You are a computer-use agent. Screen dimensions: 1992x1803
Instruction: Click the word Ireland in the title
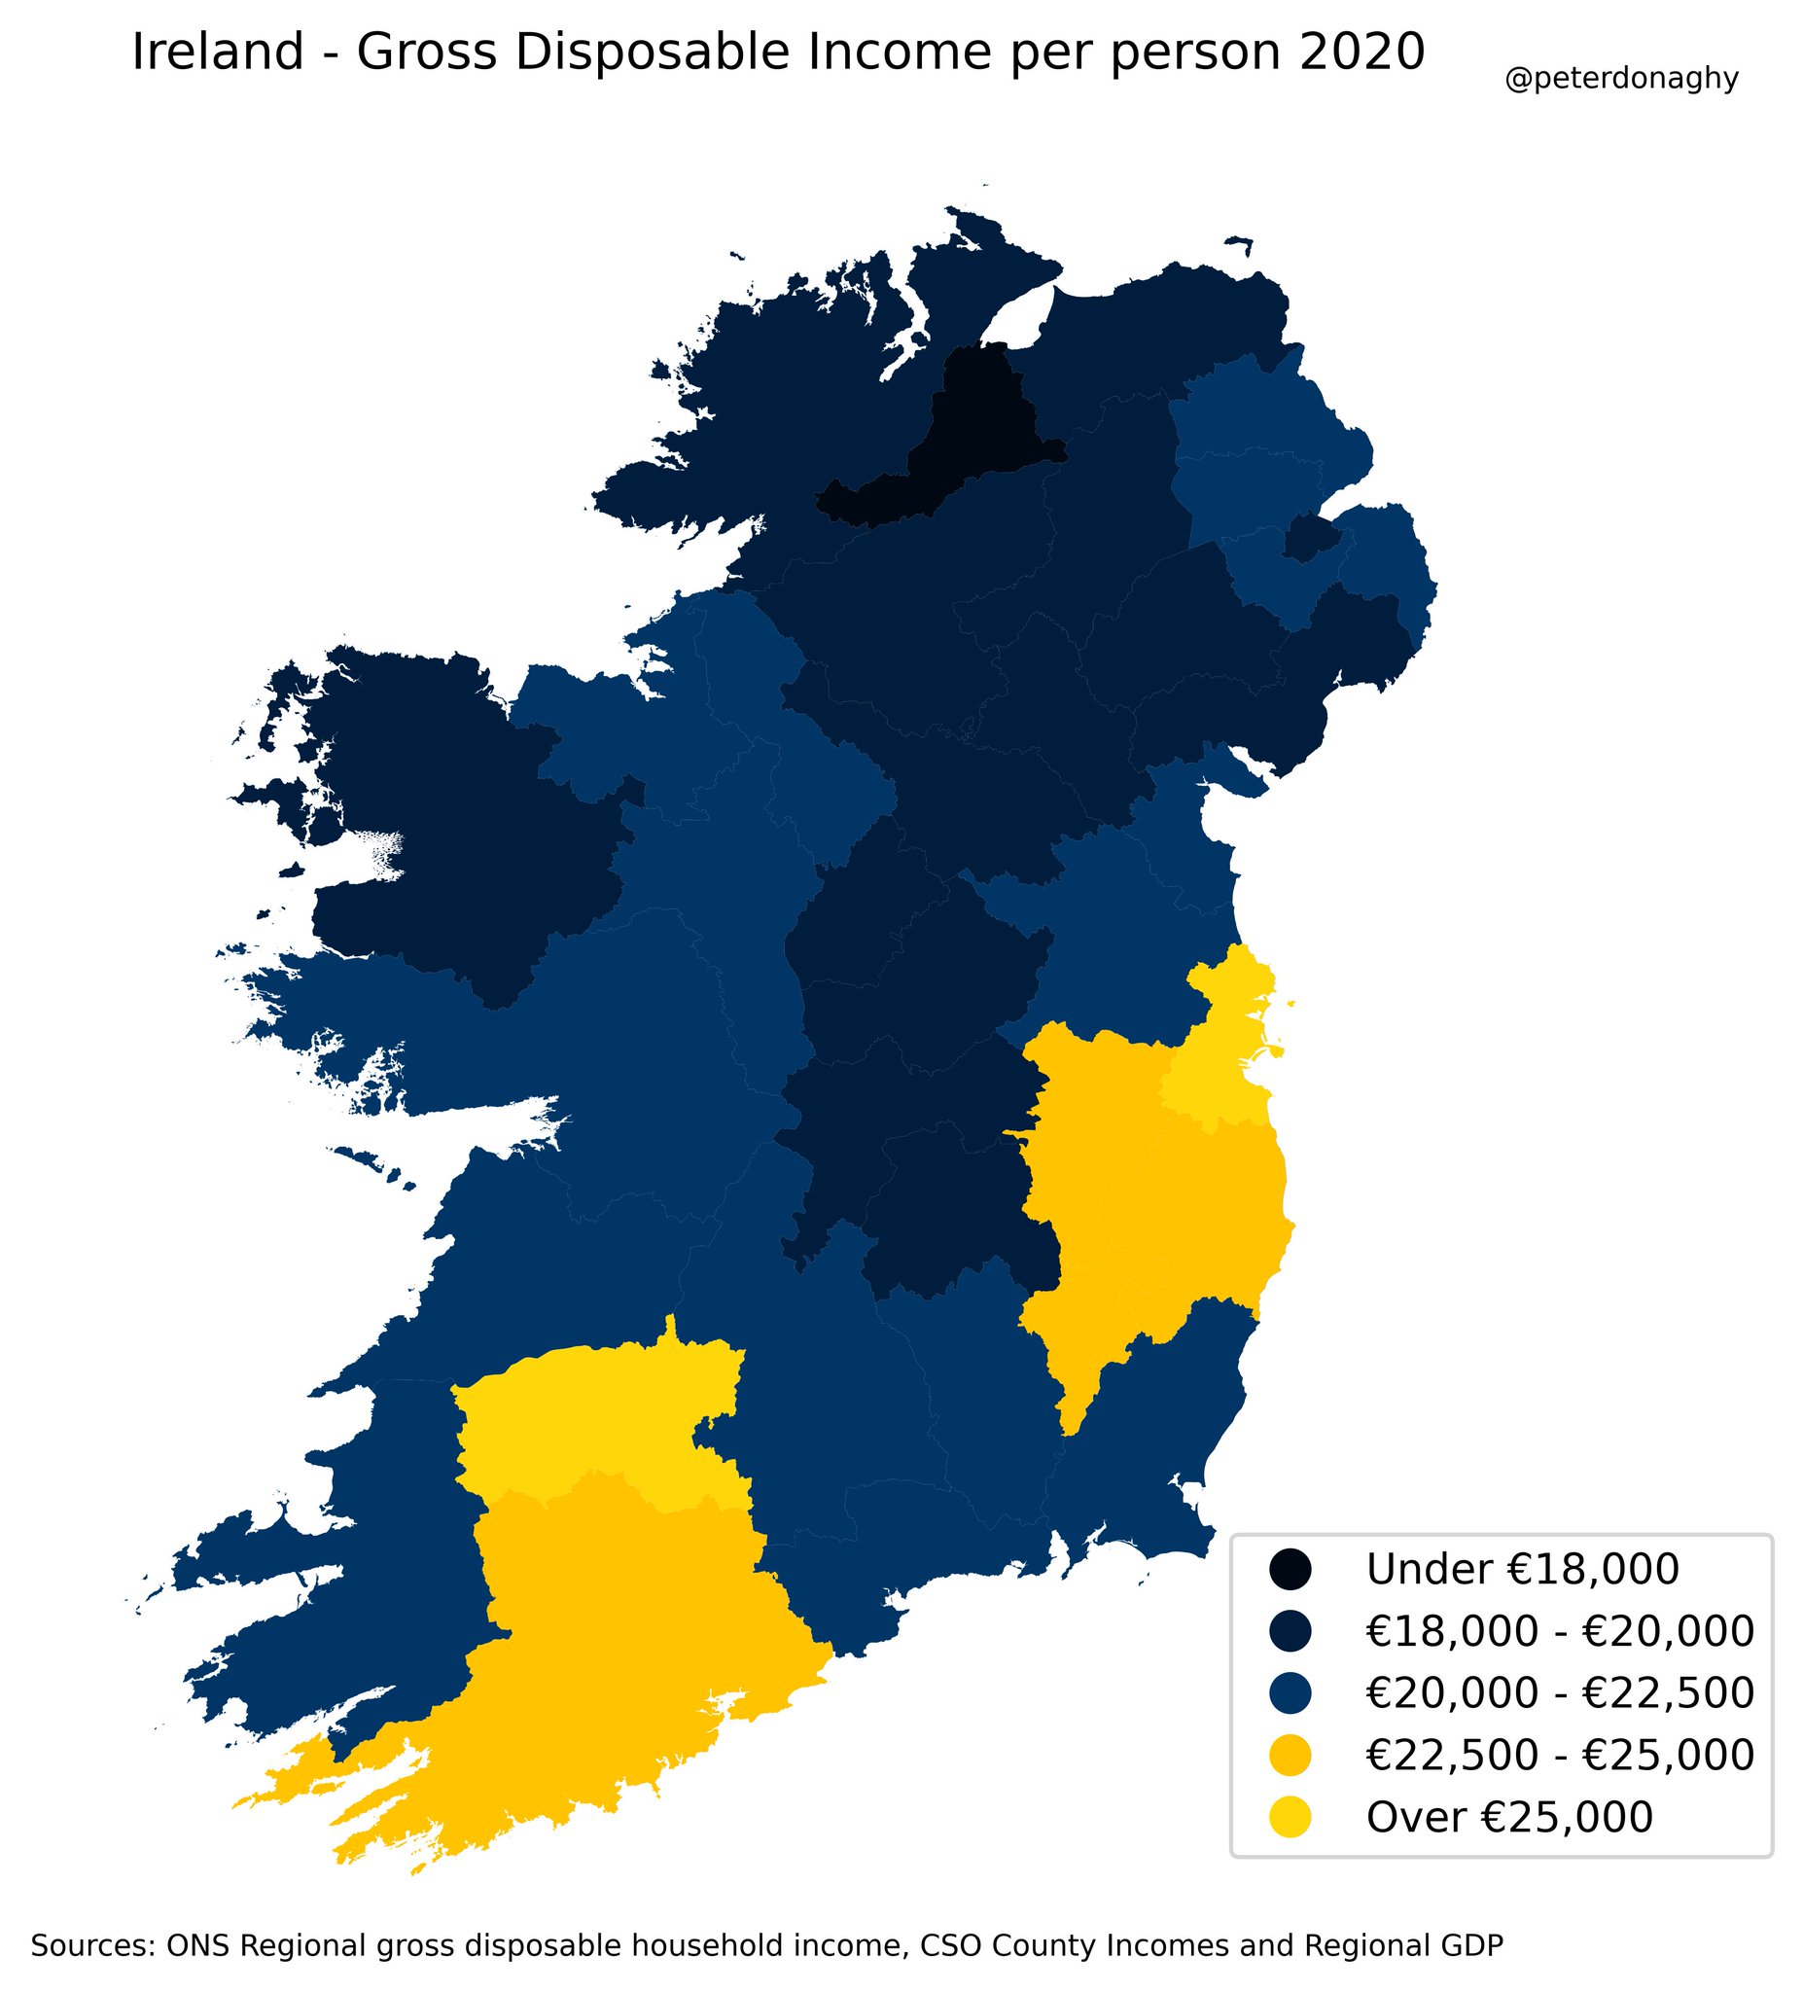pos(217,53)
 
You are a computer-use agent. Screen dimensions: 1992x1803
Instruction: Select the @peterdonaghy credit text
pos(1620,79)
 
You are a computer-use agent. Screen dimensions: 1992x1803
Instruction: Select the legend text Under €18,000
pos(1521,1569)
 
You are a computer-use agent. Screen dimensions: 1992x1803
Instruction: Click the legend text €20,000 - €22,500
pos(1559,1692)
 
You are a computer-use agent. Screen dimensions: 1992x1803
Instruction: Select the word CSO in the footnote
pos(950,1919)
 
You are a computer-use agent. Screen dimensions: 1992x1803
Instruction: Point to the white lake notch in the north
pos(1017,316)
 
